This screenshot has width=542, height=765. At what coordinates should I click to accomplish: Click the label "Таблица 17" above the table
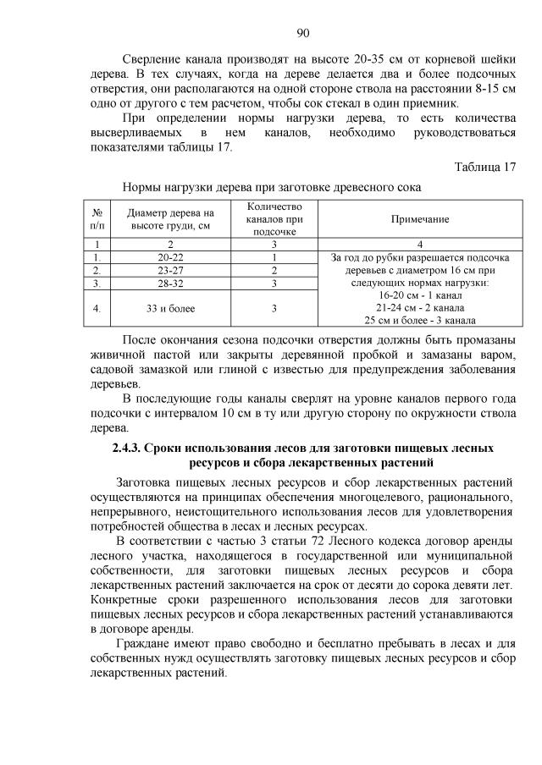tap(484, 167)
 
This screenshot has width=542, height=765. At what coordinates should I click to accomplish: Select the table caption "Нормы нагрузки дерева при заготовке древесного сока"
tap(272, 186)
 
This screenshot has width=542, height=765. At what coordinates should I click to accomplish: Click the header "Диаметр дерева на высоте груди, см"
tap(171, 219)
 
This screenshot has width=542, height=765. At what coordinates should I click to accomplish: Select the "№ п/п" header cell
tap(98, 219)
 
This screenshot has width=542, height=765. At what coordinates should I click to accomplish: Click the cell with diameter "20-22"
tap(171, 257)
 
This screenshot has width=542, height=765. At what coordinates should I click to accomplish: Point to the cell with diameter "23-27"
tap(171, 271)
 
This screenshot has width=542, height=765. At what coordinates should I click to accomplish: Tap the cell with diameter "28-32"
tap(171, 283)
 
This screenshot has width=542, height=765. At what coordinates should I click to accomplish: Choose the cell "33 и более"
tap(171, 309)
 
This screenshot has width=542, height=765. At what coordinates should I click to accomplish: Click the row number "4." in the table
tap(98, 309)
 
